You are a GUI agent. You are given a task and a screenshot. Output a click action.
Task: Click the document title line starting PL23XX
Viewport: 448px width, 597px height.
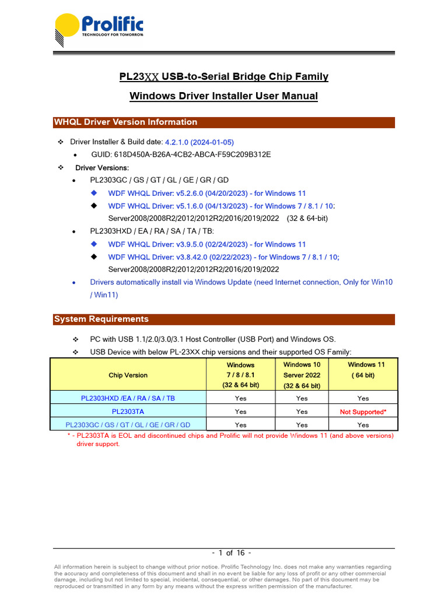coord(223,76)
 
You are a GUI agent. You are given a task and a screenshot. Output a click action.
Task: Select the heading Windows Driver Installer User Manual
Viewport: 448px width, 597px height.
coord(223,96)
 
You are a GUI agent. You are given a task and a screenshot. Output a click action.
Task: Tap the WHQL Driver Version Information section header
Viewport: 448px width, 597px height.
coord(125,122)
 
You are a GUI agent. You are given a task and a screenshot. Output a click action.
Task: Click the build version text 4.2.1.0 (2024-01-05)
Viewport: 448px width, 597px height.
coord(199,142)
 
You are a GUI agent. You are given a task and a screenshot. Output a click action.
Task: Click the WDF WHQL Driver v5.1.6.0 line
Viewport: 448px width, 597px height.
coord(221,206)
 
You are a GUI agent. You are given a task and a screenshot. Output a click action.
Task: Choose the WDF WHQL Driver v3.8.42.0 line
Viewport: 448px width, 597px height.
coord(223,257)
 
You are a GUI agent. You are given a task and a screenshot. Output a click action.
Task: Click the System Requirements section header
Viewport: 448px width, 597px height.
coord(101,319)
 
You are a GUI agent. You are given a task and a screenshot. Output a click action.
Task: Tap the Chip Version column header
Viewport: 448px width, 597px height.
coord(128,375)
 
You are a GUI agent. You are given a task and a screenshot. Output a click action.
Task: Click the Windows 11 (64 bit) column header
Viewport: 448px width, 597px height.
coord(363,370)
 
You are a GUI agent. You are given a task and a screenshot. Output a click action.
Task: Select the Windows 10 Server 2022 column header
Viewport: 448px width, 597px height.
coord(302,375)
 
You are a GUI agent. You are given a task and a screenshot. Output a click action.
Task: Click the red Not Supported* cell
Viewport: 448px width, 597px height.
coord(363,412)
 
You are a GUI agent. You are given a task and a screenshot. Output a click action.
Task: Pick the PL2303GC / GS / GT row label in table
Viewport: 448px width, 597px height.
coord(128,425)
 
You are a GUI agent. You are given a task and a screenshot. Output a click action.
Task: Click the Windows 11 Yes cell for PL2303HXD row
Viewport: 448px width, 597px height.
coord(363,399)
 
